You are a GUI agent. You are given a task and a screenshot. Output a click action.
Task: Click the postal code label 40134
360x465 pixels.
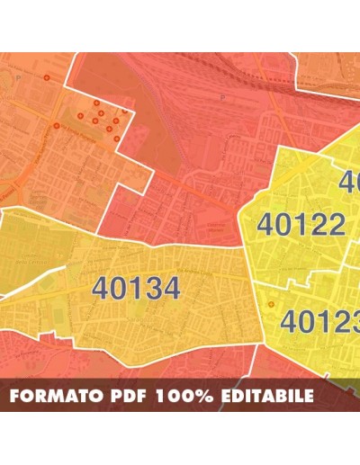click(136, 288)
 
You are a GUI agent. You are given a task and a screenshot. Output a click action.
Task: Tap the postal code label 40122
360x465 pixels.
click(301, 224)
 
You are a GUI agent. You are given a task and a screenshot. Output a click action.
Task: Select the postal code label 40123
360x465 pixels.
click(319, 321)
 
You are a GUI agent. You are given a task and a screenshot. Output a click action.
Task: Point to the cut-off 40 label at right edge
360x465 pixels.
click(349, 183)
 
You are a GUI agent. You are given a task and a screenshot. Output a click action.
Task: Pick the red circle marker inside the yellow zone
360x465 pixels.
click(269, 304)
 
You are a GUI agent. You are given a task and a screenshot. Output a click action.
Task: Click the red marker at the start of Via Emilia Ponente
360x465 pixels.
click(57, 126)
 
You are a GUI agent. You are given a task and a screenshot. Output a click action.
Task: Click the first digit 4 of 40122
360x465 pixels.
click(267, 224)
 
